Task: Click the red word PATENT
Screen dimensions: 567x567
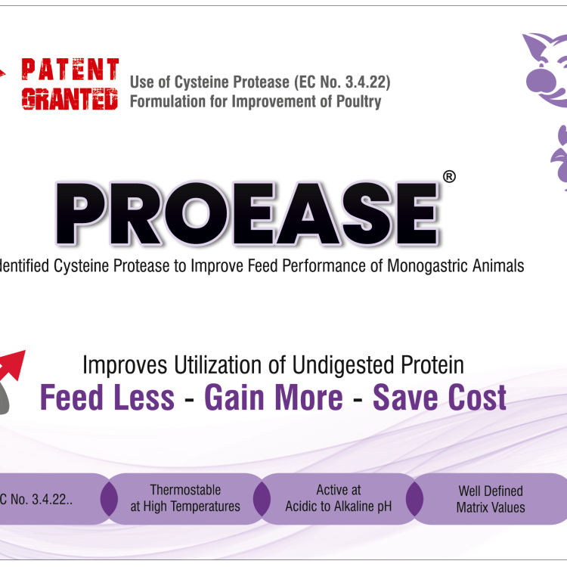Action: pyautogui.click(x=70, y=70)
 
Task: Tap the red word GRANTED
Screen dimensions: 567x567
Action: pyautogui.click(x=70, y=98)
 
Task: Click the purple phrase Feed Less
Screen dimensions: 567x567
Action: pyautogui.click(x=107, y=397)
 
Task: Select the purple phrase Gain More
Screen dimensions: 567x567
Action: pyautogui.click(x=273, y=397)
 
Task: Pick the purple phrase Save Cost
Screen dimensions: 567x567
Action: pyautogui.click(x=439, y=397)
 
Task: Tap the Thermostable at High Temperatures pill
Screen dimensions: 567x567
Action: pyautogui.click(x=185, y=498)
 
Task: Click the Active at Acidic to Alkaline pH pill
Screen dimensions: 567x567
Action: pyautogui.click(x=338, y=498)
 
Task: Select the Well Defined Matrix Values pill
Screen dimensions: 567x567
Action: pyautogui.click(x=490, y=499)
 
